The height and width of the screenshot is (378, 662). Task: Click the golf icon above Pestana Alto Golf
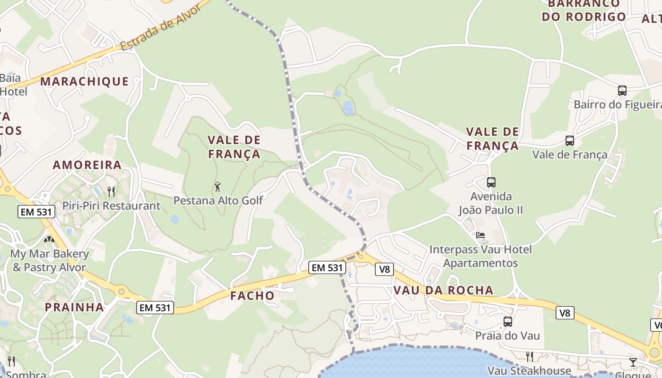point(218,187)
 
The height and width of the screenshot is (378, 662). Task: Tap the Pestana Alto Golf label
point(218,200)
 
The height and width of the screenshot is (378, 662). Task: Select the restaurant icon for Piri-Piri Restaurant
point(111,191)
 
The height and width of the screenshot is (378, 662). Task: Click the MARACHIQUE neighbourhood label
point(84,81)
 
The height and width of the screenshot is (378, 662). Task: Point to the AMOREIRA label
point(87,165)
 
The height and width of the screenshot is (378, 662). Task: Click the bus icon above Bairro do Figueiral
point(622,90)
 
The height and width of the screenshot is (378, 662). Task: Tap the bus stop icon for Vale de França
point(570,140)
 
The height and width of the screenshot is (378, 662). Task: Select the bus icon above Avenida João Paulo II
point(491,182)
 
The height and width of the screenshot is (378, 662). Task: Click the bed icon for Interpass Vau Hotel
point(480,235)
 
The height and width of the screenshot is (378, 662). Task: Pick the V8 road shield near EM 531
point(384,269)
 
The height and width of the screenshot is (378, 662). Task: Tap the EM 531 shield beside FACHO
point(327,267)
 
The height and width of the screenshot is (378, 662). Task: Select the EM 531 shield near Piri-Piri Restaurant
point(36,212)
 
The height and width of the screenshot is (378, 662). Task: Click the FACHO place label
point(252,296)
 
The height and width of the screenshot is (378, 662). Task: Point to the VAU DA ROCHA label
point(443,290)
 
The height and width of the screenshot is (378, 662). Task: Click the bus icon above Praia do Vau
point(508,322)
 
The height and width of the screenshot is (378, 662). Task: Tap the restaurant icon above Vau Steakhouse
point(530,356)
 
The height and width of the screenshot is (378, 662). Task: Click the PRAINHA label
point(74,307)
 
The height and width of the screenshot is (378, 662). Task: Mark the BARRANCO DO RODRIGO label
point(584,10)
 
